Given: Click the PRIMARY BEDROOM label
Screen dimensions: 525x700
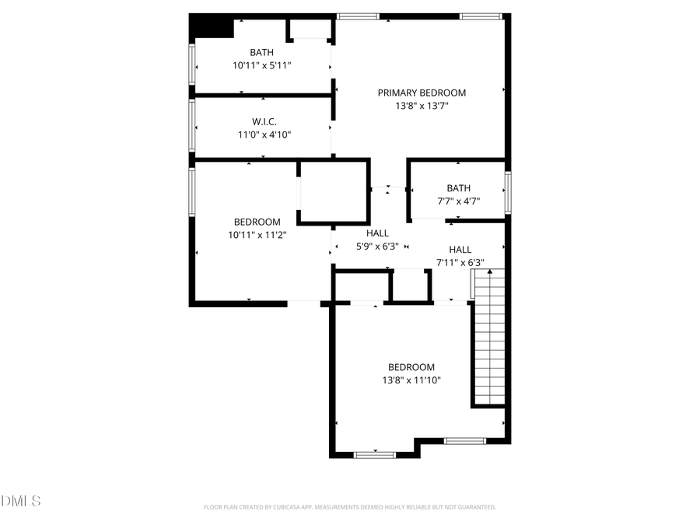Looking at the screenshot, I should point(422,93).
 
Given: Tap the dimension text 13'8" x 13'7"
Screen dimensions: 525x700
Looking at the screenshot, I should point(422,106).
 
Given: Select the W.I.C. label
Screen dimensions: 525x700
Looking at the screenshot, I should point(264,121).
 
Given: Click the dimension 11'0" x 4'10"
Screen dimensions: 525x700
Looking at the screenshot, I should point(264,135).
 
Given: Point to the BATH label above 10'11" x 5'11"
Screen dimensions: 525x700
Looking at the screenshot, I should point(261,53).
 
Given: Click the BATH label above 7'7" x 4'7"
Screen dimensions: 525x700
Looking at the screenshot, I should point(458,187).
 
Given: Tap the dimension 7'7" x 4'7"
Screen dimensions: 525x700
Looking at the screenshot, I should point(458,201).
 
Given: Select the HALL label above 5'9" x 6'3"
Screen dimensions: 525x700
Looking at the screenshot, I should point(377,233).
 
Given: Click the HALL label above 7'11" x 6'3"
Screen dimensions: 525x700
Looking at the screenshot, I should point(460,250).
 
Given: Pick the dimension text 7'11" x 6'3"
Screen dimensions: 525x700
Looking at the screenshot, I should point(460,263).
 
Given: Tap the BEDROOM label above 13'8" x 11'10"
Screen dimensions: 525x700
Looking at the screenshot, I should point(411,367).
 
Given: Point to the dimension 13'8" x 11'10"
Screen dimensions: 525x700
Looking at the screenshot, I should point(411,380).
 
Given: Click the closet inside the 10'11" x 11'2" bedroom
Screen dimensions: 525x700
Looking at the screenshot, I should point(333,192).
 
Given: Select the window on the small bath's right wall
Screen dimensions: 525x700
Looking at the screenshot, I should point(507,192).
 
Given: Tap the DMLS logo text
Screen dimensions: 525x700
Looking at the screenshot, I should point(21,500).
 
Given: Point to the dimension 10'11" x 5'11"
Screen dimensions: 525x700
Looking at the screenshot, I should point(261,66).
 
